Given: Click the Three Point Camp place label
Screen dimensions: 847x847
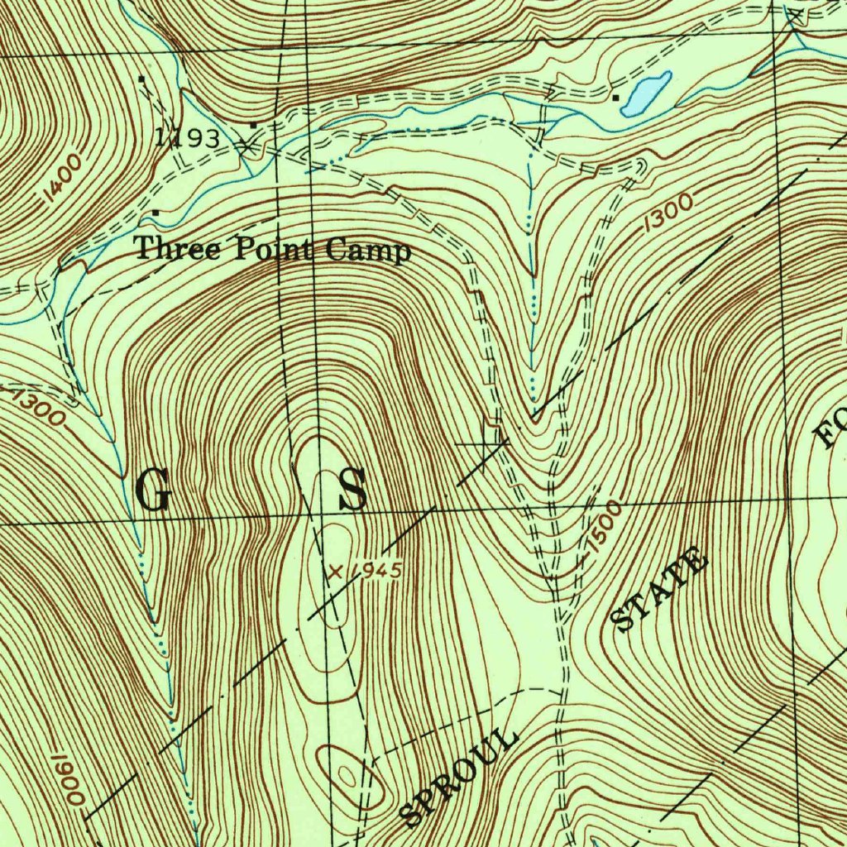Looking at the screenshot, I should coord(272,249).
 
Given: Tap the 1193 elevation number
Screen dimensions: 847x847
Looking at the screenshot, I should coord(189,138).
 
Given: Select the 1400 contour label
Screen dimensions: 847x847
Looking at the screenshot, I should coord(64,179).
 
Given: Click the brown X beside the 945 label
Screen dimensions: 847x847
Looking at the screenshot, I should coord(335,571).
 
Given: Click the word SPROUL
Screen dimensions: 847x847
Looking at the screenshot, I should coord(460,776).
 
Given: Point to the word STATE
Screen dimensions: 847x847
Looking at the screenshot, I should coord(659,590).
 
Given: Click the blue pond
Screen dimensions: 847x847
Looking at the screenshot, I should coord(646,93).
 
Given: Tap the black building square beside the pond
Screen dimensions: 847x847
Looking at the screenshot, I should coord(615,98).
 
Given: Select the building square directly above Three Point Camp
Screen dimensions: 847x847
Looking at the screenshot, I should coord(156,213).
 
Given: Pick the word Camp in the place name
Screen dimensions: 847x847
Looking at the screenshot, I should coord(368,250).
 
